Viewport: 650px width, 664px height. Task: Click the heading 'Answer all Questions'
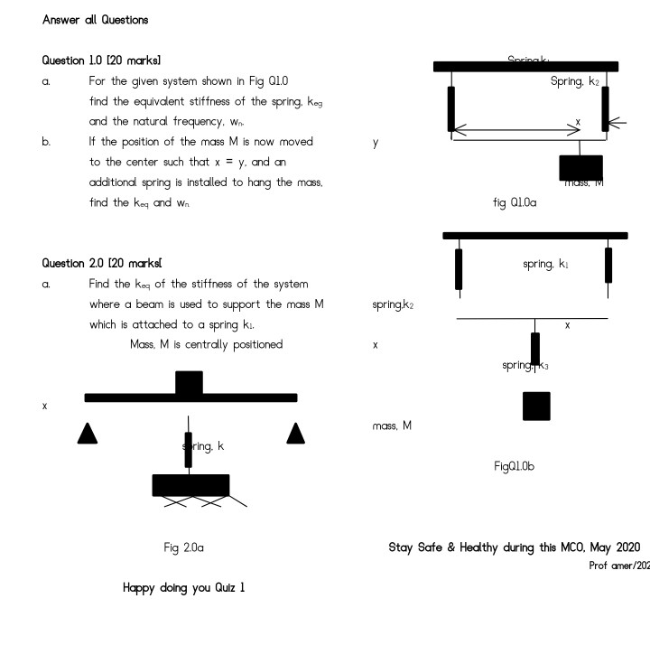click(96, 20)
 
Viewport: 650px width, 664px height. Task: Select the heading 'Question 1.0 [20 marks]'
click(102, 61)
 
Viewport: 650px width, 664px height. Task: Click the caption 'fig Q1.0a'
click(515, 203)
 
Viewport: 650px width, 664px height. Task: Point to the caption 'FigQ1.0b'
click(515, 466)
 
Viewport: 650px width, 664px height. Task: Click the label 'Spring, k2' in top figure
click(574, 82)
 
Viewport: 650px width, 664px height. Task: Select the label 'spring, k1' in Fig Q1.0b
click(545, 264)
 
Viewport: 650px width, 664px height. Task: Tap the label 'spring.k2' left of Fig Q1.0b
click(393, 305)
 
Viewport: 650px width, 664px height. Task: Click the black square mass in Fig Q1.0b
click(536, 407)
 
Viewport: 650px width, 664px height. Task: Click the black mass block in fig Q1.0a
click(580, 167)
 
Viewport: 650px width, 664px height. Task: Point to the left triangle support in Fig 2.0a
click(88, 434)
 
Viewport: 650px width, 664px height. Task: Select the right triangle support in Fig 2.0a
click(295, 434)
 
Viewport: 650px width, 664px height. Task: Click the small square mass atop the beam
click(189, 382)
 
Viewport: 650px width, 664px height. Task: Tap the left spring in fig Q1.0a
click(451, 109)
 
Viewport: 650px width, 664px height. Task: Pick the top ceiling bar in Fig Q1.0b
click(534, 236)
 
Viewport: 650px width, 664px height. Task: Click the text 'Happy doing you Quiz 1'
click(183, 588)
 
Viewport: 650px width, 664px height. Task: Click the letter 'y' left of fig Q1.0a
click(376, 143)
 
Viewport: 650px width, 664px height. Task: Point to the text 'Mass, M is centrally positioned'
click(206, 344)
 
